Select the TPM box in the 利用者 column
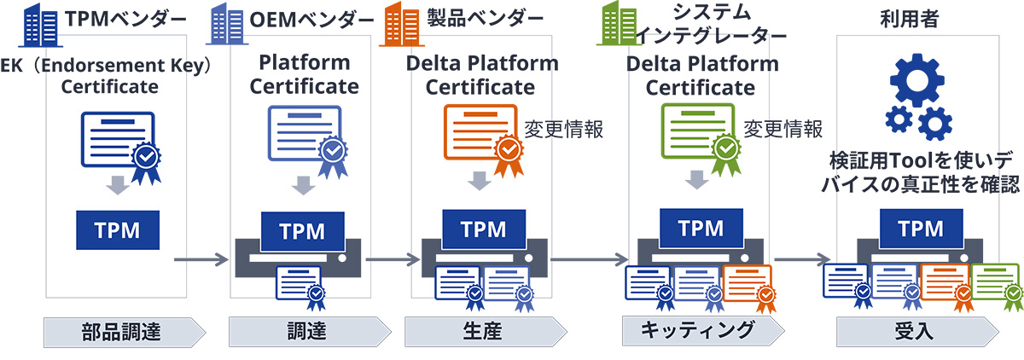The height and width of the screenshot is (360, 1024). coord(921,228)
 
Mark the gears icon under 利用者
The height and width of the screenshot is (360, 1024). coord(917,97)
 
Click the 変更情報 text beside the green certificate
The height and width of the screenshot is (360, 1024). coord(783,129)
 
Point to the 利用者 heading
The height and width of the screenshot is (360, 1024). coord(911,18)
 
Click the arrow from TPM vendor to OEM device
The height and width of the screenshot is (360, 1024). coord(198,258)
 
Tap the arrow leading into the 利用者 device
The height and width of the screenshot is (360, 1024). coord(803,258)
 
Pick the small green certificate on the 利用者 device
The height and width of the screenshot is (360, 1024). coord(997,287)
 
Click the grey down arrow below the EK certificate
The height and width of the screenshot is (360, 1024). coord(119,185)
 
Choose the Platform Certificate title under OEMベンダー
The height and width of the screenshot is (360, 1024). coord(304,74)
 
